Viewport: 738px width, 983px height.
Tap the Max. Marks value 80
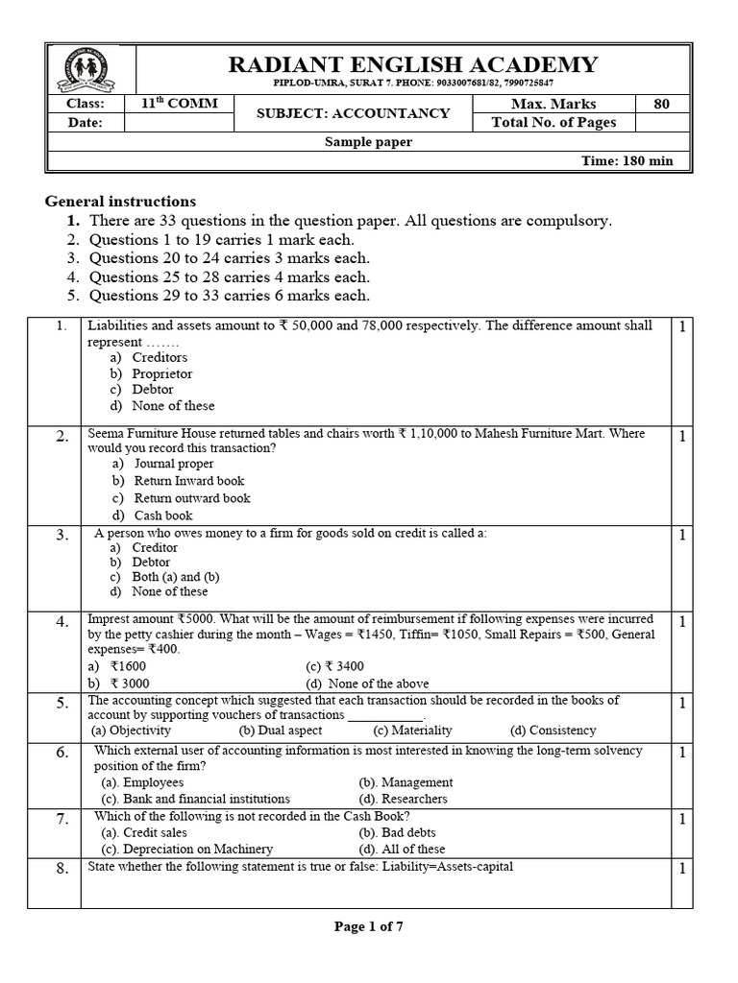pyautogui.click(x=661, y=104)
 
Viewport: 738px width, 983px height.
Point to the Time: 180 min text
pyautogui.click(x=627, y=160)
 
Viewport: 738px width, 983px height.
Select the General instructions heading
pyautogui.click(x=121, y=202)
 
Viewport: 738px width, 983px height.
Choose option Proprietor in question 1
pyautogui.click(x=162, y=373)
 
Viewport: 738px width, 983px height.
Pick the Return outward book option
pyautogui.click(x=192, y=498)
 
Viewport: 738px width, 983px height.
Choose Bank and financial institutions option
pyautogui.click(x=196, y=799)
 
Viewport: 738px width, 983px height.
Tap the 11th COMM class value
pyautogui.click(x=180, y=104)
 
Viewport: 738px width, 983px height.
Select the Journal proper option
pyautogui.click(x=174, y=464)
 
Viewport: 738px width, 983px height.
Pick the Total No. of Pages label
pyautogui.click(x=553, y=122)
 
